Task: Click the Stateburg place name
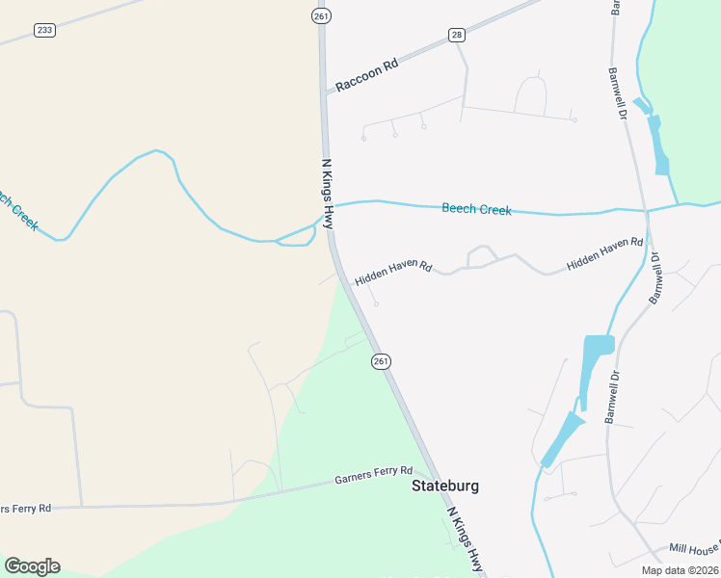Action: point(444,486)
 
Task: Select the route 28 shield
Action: point(457,35)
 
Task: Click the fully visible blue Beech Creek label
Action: point(476,208)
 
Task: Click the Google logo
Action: point(32,566)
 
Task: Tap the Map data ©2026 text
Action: point(679,569)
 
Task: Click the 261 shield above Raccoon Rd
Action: point(320,15)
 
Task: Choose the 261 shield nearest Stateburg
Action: point(380,360)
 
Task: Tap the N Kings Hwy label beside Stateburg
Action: point(466,541)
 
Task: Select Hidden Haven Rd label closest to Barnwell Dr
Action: point(604,252)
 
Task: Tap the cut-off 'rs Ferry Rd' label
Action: point(26,508)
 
